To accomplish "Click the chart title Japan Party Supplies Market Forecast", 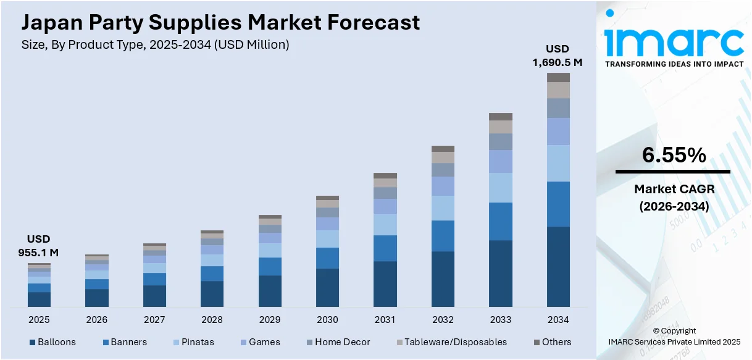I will click(220, 23).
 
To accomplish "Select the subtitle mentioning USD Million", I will click(155, 44).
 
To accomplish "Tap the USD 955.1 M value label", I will click(38, 246).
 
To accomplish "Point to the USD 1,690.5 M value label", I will click(558, 56).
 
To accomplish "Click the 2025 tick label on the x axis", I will click(39, 320).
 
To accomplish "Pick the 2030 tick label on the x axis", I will click(327, 320).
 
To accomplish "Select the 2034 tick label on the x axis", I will click(558, 320).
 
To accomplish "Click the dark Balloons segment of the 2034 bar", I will click(558, 267).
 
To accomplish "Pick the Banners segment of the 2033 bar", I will click(501, 221).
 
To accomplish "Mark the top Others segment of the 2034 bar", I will click(558, 77).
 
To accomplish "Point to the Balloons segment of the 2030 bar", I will click(327, 287).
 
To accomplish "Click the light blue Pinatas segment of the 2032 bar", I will click(443, 208).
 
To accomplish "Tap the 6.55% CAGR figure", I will click(674, 156).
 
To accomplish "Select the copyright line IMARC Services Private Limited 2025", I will click(674, 341).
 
